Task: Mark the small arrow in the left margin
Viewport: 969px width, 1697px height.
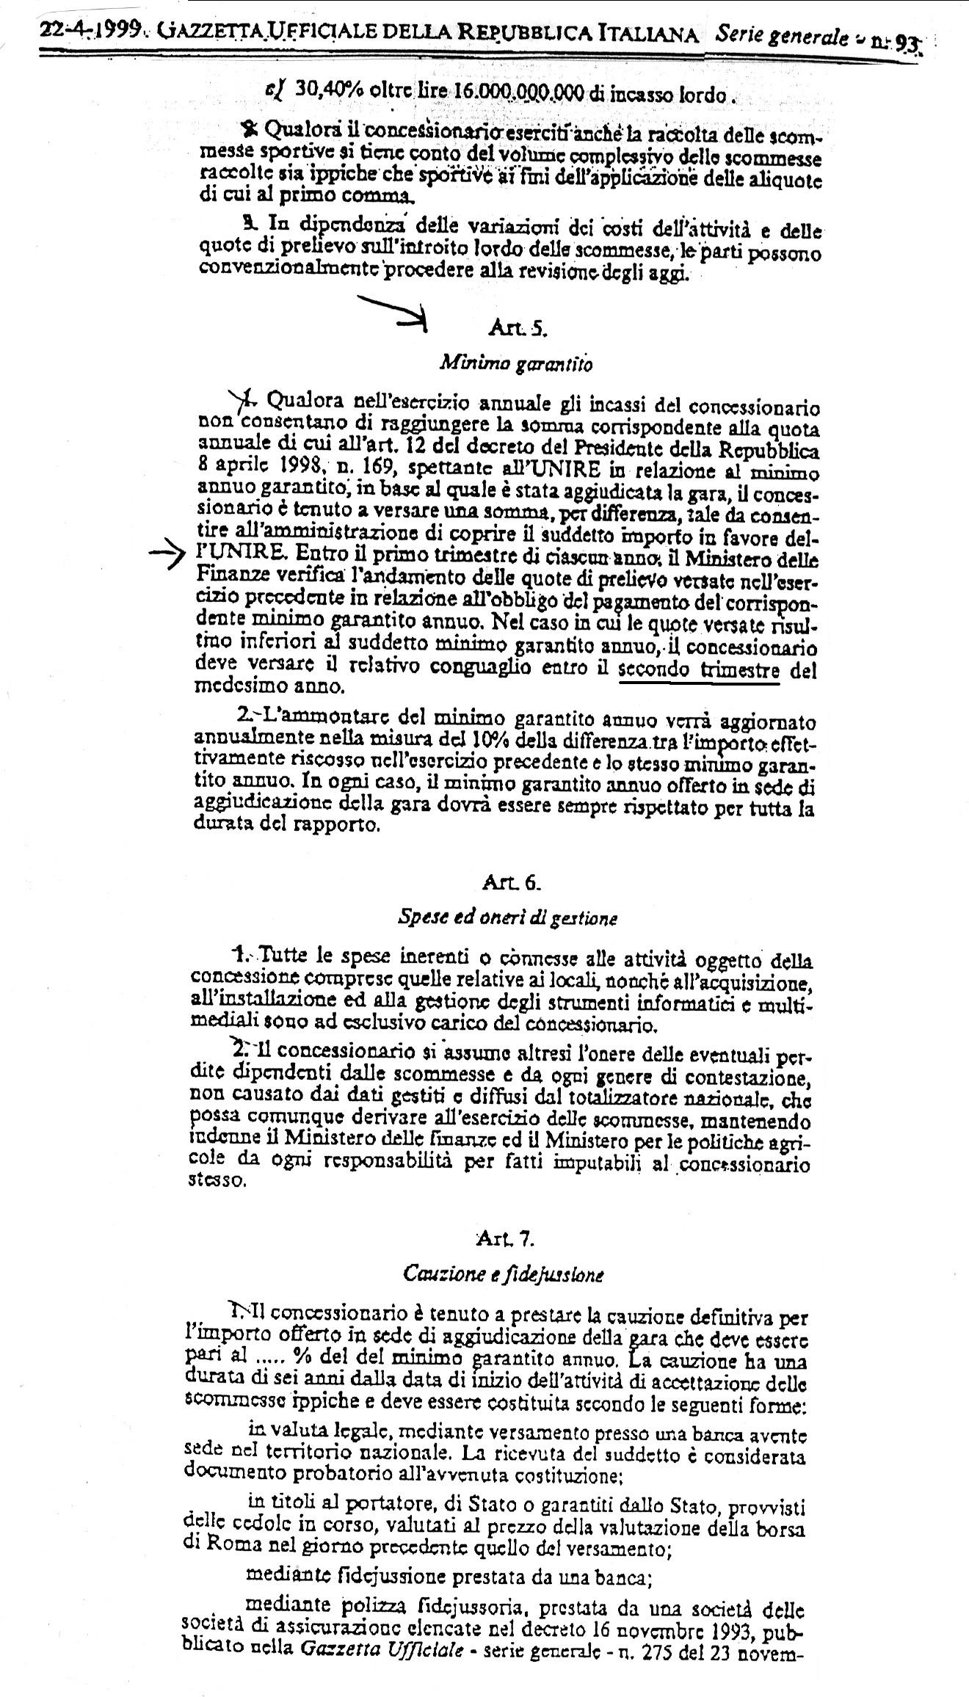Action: (167, 558)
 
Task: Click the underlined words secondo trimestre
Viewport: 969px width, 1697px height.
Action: (699, 669)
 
